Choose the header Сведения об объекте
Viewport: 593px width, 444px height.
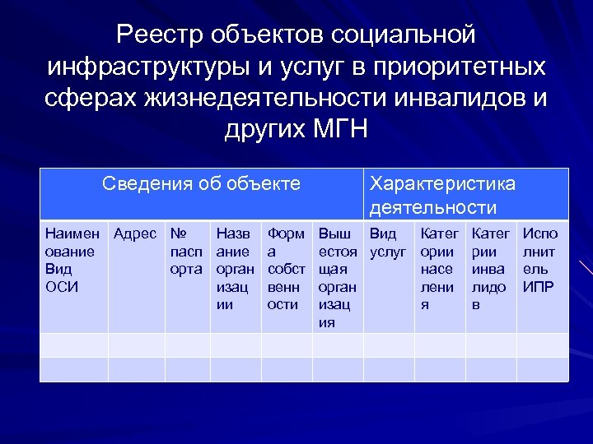(x=201, y=183)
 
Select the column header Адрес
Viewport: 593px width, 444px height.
(x=136, y=234)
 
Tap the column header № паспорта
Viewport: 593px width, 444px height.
(x=187, y=251)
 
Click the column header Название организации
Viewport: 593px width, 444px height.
(x=235, y=269)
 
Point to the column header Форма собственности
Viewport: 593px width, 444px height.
(x=286, y=269)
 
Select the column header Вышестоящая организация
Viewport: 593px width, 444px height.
(x=338, y=277)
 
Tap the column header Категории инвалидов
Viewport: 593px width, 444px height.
(x=490, y=269)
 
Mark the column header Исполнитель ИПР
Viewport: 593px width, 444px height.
(x=540, y=260)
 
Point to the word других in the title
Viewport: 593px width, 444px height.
(x=262, y=129)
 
